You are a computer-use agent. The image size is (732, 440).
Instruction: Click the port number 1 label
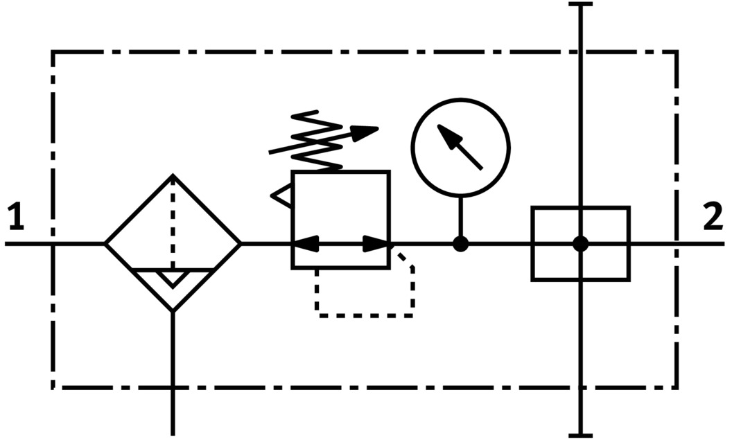click(17, 218)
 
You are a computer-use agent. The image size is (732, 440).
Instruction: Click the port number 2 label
click(713, 218)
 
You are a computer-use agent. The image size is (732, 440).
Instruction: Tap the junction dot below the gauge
click(460, 244)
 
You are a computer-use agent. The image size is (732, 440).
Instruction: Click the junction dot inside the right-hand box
click(581, 244)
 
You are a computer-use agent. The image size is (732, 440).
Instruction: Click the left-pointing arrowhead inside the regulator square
click(306, 244)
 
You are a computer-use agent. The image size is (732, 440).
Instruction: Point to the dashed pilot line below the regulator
click(364, 315)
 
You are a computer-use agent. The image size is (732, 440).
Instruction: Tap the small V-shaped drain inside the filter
click(173, 279)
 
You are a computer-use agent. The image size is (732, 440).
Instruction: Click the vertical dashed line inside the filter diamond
click(173, 222)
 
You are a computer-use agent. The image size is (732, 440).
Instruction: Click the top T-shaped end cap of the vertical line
click(581, 5)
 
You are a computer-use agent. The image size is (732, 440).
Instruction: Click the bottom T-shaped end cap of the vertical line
click(581, 435)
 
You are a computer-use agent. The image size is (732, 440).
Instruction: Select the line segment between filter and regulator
click(266, 244)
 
